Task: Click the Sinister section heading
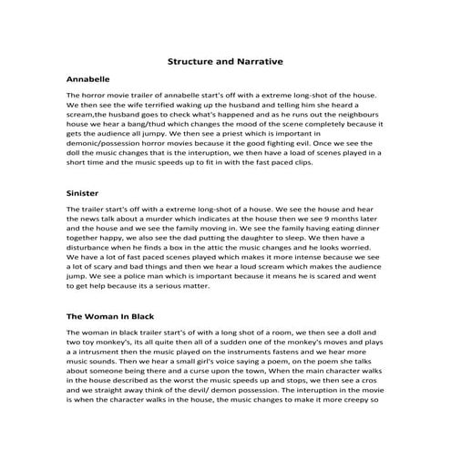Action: [83, 194]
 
